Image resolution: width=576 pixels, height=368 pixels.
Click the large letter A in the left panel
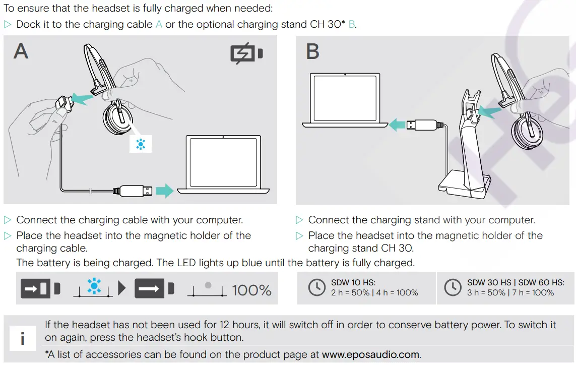click(x=21, y=51)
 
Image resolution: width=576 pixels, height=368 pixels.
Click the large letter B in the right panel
click(x=312, y=51)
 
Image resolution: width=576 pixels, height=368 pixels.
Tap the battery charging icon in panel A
click(x=246, y=53)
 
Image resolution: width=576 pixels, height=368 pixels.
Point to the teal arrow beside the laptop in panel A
click(x=164, y=191)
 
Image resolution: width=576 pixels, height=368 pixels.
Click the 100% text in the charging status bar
click(x=251, y=290)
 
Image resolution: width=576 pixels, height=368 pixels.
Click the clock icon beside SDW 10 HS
click(x=316, y=287)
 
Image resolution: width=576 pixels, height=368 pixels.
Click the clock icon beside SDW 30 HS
click(x=453, y=287)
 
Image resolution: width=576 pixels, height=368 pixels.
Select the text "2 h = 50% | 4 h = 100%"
click(x=374, y=293)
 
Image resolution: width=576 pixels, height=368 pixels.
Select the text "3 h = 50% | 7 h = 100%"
click(x=510, y=293)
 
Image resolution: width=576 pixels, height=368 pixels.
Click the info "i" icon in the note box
click(x=22, y=339)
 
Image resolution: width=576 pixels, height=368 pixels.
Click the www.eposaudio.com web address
click(x=370, y=354)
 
